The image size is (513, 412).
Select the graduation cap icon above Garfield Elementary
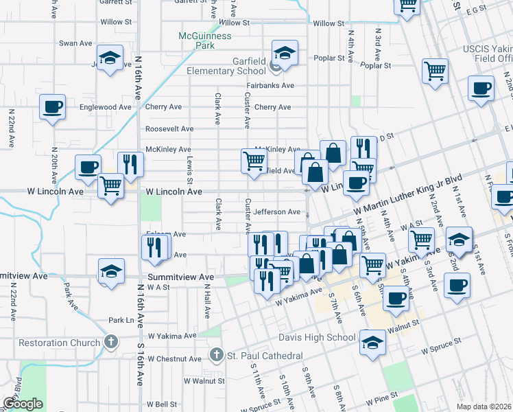[284, 52]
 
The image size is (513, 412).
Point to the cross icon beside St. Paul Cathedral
[215, 356]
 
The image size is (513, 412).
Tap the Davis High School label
[317, 337]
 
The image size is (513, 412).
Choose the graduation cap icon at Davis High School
[372, 342]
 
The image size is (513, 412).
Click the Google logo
[23, 404]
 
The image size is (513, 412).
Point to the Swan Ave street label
[75, 43]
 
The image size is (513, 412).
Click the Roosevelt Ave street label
[169, 128]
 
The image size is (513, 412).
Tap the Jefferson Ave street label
[277, 212]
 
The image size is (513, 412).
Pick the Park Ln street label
[120, 320]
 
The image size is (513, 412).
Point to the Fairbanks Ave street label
[270, 86]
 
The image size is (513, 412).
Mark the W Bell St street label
[162, 405]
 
